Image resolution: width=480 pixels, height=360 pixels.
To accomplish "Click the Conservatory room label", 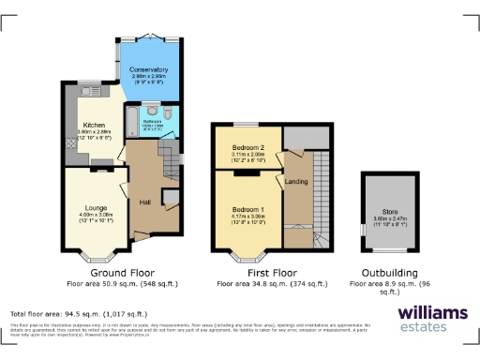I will point(148,70).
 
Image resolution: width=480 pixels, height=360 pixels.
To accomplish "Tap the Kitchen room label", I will point(94,124).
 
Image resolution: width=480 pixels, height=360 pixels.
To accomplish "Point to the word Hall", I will point(144,202).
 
